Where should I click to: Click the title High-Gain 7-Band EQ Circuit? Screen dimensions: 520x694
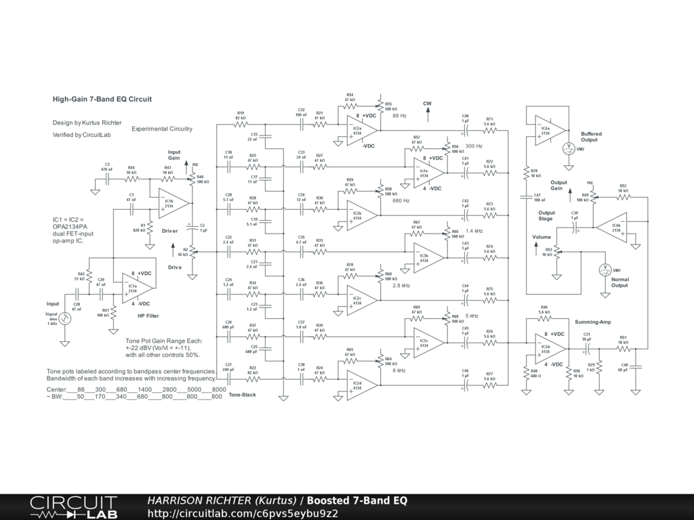tap(102, 99)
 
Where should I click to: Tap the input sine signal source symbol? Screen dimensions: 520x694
tap(66, 319)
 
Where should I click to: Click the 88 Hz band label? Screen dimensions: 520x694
tap(399, 116)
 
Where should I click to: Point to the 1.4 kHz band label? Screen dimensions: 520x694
tap(474, 232)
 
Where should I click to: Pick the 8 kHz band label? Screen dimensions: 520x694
tap(400, 371)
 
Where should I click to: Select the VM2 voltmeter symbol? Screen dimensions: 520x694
tap(569, 149)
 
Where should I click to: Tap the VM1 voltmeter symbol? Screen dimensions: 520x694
tap(607, 269)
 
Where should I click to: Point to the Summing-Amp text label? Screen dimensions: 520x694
tap(593, 322)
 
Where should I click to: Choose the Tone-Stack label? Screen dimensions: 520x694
tap(242, 395)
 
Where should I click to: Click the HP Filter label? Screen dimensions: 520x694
tap(148, 316)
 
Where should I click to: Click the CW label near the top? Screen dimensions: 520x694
tap(427, 104)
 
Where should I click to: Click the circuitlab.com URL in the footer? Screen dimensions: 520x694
tap(243, 513)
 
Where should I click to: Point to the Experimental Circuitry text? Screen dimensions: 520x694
tap(162, 129)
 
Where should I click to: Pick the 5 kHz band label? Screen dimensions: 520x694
tap(472, 316)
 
